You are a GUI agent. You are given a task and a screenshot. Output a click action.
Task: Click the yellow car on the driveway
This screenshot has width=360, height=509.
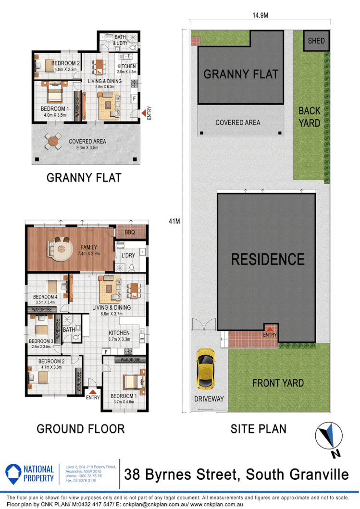(206, 368)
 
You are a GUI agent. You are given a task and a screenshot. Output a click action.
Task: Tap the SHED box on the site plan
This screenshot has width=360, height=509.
(316, 41)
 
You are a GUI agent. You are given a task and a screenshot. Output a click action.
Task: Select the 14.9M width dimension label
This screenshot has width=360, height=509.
(260, 15)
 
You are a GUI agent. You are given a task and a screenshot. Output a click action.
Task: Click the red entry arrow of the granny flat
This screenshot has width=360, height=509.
(143, 113)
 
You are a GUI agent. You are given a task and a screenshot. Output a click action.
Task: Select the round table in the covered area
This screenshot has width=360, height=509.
(52, 141)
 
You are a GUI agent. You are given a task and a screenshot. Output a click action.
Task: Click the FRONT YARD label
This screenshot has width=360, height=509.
(278, 383)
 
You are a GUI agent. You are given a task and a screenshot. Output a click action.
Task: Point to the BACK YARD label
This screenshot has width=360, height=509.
(309, 117)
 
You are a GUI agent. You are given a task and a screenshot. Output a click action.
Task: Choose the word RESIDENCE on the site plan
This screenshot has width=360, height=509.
(268, 259)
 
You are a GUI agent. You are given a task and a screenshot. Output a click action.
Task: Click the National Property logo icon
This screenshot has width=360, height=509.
(14, 473)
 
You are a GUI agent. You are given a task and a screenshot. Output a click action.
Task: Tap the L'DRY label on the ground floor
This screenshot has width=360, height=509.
(128, 255)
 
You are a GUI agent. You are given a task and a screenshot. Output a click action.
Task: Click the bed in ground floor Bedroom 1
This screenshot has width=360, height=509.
(133, 381)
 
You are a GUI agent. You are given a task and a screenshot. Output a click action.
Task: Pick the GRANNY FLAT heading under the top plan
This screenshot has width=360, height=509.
(84, 178)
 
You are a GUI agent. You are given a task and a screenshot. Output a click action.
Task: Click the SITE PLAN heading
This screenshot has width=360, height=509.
(258, 428)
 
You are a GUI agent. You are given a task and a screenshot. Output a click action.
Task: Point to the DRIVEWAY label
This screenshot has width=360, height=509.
(209, 399)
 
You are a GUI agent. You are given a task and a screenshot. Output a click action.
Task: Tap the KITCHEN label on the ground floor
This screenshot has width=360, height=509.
(119, 333)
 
